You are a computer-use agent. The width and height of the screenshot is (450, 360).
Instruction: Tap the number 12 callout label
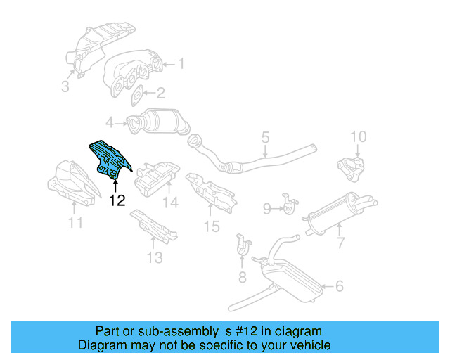tap(117, 201)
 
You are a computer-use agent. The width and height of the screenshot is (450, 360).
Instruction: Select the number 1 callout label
tap(181, 64)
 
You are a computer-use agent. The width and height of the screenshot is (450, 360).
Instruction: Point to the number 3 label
tap(65, 87)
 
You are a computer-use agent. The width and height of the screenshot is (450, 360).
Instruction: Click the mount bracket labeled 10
tap(155, 257)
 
